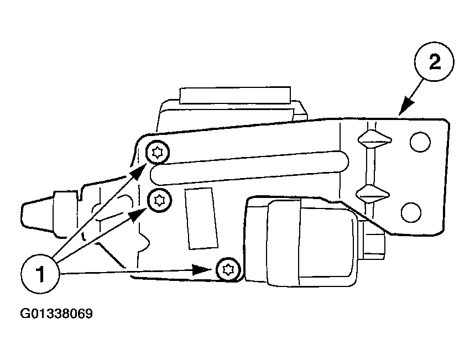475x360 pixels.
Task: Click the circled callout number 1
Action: (40, 274)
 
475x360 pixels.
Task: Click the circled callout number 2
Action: (434, 62)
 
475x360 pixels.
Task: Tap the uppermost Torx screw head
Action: (157, 153)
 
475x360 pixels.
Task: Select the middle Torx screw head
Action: (159, 200)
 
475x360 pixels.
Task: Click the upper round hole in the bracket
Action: (420, 142)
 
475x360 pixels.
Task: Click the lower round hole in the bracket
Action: (411, 212)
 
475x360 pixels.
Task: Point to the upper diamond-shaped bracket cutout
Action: (375, 139)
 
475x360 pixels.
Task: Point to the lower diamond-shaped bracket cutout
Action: (372, 194)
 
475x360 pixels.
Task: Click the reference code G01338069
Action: (56, 314)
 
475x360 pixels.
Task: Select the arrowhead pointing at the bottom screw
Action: (202, 269)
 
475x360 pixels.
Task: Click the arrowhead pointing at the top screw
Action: (138, 172)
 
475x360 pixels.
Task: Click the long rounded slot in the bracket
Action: (249, 168)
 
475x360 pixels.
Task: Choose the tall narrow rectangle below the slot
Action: (201, 218)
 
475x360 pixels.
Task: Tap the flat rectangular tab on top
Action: (235, 95)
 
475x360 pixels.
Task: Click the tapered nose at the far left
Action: (38, 213)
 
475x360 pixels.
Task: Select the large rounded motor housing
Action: (312, 242)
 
